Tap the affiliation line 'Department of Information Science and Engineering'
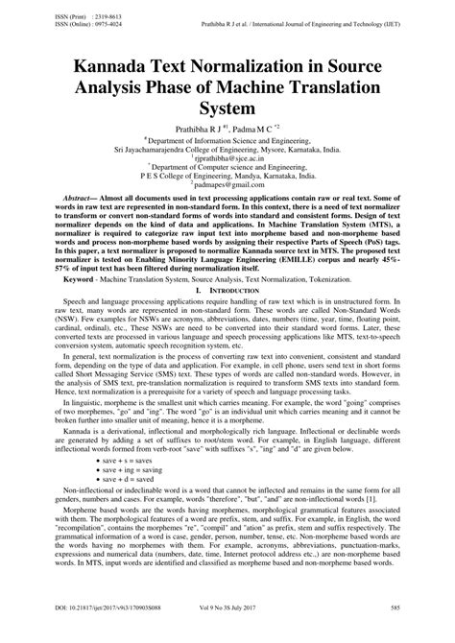click(x=228, y=138)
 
